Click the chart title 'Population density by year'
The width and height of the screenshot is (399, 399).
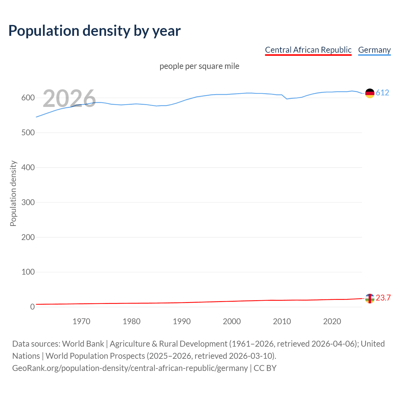[x=94, y=31]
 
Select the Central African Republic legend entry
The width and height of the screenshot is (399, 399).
[x=308, y=50]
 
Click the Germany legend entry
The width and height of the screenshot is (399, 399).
[x=374, y=50]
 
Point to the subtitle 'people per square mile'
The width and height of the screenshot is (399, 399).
[x=199, y=66]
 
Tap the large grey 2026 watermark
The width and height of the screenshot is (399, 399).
[x=69, y=99]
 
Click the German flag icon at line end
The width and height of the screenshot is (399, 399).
[x=370, y=93]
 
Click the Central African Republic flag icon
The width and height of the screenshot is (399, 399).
[x=370, y=298]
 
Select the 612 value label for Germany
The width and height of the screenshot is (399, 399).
[x=382, y=93]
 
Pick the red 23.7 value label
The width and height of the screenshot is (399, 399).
[x=383, y=298]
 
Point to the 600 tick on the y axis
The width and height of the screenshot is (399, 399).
[x=28, y=98]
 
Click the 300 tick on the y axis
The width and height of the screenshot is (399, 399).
[x=28, y=202]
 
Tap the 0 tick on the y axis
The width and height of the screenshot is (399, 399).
[x=32, y=307]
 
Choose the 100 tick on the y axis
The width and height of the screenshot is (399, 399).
[x=28, y=272]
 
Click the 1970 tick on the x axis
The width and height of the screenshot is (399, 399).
[x=81, y=321]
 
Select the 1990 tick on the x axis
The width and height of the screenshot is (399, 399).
[x=182, y=321]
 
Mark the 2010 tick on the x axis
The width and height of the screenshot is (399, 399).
[x=282, y=321]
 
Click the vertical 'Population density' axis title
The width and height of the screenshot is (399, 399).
[x=13, y=193]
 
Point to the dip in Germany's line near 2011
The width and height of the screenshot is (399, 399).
[x=287, y=99]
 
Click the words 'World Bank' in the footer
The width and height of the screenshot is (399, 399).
[x=83, y=344]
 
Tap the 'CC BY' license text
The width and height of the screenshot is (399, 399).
[x=265, y=368]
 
